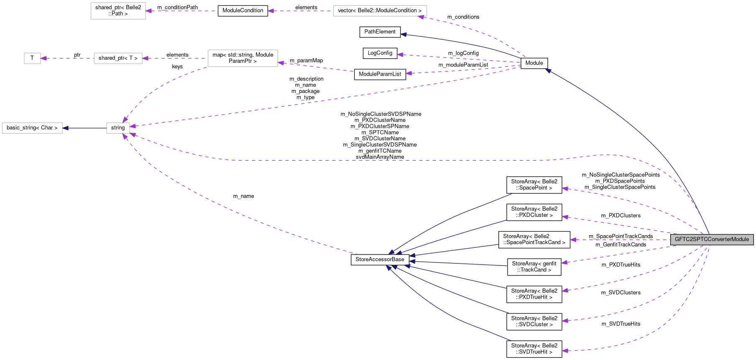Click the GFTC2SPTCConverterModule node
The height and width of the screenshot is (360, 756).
(x=712, y=239)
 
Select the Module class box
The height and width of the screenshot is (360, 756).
(x=534, y=63)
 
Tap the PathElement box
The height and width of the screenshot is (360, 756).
(x=380, y=32)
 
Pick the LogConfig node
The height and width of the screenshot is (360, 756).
(x=380, y=53)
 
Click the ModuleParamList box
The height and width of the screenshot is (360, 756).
(x=380, y=74)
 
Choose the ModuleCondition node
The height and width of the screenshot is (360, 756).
(x=243, y=10)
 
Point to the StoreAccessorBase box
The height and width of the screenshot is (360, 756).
(x=380, y=260)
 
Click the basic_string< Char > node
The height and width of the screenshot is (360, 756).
(x=32, y=128)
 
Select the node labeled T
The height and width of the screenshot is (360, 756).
(x=32, y=58)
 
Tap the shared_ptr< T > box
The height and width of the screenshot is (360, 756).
(x=118, y=58)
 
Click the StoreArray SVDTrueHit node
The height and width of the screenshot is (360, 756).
(x=534, y=349)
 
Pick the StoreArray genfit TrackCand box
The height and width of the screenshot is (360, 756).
(x=534, y=267)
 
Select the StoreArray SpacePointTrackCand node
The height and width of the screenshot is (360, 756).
(x=534, y=239)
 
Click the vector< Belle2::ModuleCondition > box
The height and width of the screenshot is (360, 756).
(x=380, y=10)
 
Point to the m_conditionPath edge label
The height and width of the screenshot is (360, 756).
(x=177, y=8)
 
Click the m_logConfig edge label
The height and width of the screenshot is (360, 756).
(x=463, y=53)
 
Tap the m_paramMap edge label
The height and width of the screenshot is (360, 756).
(x=306, y=61)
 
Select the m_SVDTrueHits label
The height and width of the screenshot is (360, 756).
(x=621, y=324)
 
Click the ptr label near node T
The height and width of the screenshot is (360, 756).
(x=77, y=55)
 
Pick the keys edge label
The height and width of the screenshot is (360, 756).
(x=177, y=67)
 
